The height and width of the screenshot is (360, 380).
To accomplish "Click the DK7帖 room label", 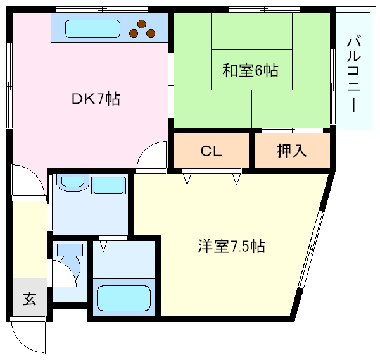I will (x=95, y=99).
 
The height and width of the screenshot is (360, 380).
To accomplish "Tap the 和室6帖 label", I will (x=250, y=70).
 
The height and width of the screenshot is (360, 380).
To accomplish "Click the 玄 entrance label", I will (x=29, y=298).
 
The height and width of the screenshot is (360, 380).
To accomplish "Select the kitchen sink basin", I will (x=92, y=28).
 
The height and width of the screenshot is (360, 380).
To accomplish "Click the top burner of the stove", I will (x=142, y=23).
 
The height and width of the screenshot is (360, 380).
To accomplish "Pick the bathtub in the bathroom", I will (x=124, y=297).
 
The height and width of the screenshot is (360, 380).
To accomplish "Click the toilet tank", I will (x=70, y=249).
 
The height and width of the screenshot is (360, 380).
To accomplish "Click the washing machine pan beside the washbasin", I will (x=110, y=185).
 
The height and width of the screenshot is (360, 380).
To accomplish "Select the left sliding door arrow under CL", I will (x=188, y=180).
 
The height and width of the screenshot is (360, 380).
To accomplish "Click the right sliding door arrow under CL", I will (x=236, y=180).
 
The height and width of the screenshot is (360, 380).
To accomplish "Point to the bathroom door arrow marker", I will (x=104, y=242).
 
